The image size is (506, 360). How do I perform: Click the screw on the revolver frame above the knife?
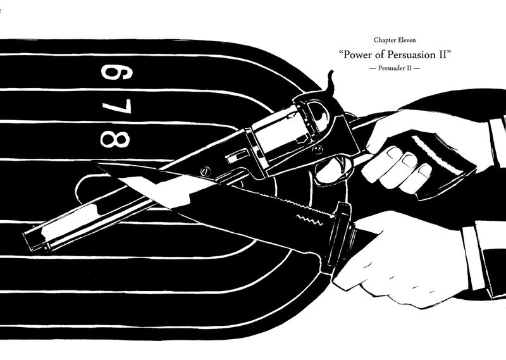pyautogui.click(x=204, y=171)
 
